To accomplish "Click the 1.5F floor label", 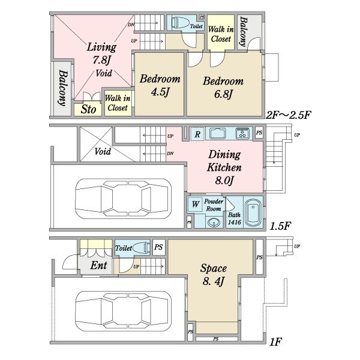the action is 280,226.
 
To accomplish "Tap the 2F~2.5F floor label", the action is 289,115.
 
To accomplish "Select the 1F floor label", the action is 275,342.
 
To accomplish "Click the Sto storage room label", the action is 88,109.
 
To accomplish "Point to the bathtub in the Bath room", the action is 253,212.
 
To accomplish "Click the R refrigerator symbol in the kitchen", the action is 197,134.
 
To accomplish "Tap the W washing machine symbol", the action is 195,204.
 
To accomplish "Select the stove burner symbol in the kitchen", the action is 242,133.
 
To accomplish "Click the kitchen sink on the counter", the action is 217,133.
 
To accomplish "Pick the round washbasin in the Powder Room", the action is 214,222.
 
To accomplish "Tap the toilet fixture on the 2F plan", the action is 180,23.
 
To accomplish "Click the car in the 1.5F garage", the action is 123,199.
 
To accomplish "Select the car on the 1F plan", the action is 123,311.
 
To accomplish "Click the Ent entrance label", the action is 98,265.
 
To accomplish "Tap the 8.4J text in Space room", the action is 213,281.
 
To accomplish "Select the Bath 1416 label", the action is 235,218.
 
